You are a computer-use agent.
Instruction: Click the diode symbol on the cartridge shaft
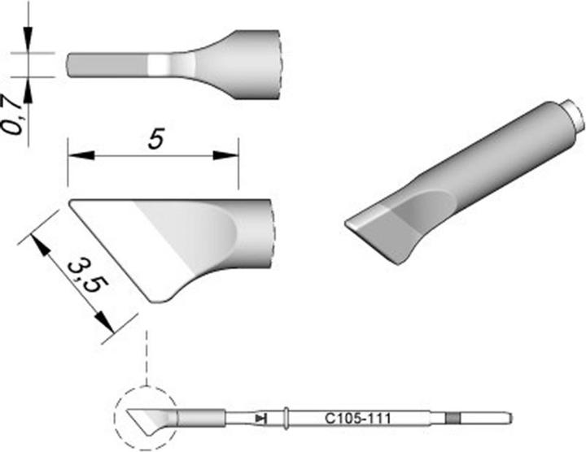pyautogui.click(x=259, y=419)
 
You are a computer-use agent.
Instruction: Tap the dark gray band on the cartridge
pyautogui.click(x=452, y=419)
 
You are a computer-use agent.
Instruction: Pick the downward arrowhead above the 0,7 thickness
pyautogui.click(x=28, y=46)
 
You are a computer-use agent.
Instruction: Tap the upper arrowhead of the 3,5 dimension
pyautogui.click(x=37, y=241)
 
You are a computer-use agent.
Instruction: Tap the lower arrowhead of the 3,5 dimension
pyautogui.click(x=106, y=324)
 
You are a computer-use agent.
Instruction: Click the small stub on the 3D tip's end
pyautogui.click(x=576, y=118)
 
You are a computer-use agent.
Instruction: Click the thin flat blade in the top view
pyautogui.click(x=106, y=64)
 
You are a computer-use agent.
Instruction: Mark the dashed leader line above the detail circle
pyautogui.click(x=146, y=358)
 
